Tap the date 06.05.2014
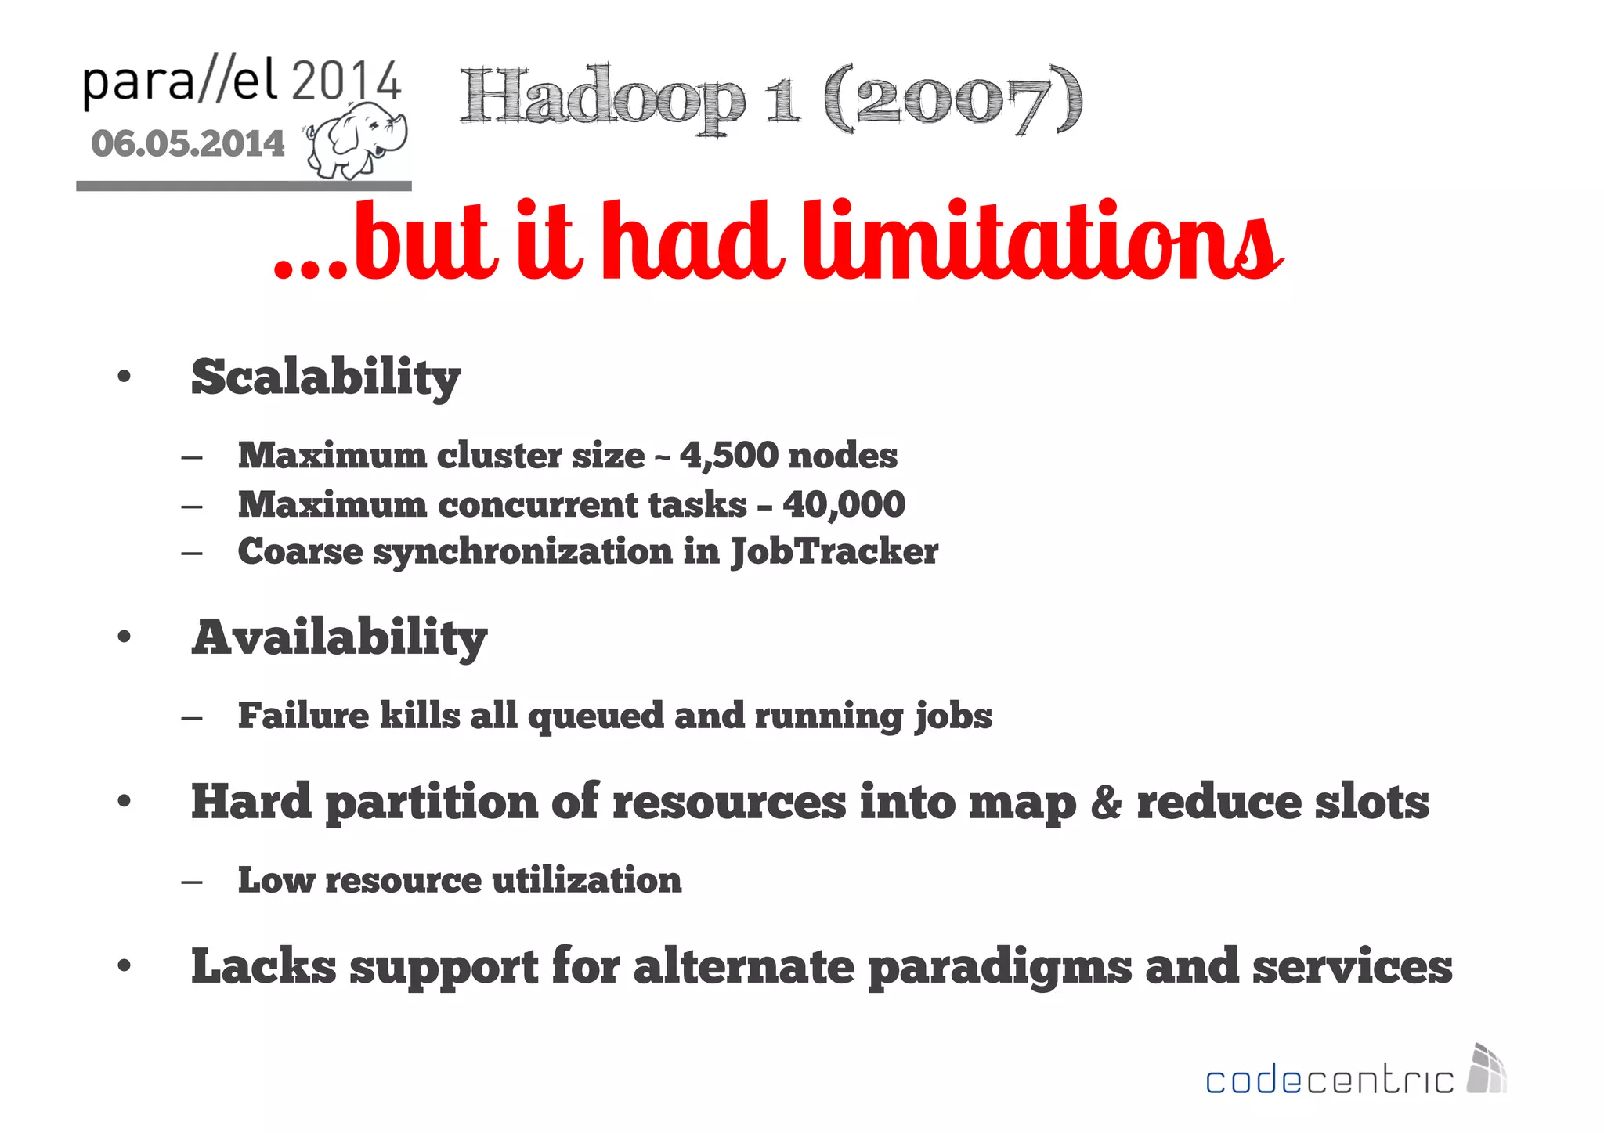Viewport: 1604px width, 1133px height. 188,144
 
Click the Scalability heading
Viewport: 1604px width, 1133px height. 326,377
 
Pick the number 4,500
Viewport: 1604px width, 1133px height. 729,455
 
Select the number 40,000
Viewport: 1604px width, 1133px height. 844,503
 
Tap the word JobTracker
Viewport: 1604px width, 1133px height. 834,551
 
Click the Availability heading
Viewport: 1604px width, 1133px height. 339,637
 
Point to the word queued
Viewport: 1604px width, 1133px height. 595,716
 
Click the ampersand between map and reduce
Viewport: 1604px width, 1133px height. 1105,803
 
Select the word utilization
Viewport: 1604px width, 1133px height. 587,880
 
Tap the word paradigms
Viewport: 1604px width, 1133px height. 999,967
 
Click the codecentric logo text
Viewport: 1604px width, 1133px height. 1328,1081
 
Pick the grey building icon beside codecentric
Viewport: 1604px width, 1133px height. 1486,1068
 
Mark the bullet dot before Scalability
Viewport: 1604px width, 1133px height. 124,377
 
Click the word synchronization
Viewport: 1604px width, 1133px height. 522,551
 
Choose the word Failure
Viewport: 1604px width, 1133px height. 303,716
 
